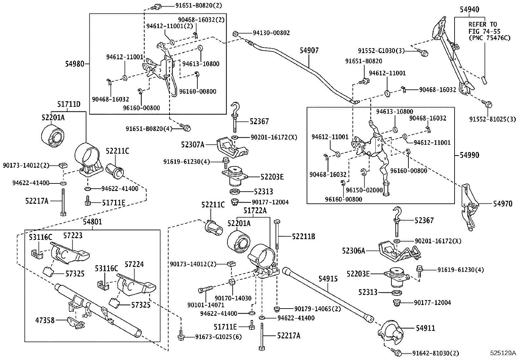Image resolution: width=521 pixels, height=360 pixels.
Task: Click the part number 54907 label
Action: (x=309, y=50)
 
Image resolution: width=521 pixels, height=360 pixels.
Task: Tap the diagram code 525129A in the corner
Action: (x=502, y=353)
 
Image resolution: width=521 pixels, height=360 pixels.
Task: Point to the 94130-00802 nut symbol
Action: (x=235, y=33)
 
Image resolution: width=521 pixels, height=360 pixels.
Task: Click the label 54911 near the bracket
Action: (x=425, y=328)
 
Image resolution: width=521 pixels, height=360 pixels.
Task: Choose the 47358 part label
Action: (x=45, y=320)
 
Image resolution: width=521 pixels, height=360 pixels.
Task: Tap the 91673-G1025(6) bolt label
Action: (x=218, y=337)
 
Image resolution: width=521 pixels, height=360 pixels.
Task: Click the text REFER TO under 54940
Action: (x=482, y=25)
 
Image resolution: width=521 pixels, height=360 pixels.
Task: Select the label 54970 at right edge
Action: (x=503, y=204)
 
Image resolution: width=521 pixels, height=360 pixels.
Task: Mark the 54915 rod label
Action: (x=328, y=279)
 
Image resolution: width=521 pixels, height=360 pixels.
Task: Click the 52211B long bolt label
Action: (x=303, y=236)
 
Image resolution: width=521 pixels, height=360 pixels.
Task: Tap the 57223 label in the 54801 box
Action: (x=73, y=236)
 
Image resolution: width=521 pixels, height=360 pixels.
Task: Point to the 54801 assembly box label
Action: (x=92, y=222)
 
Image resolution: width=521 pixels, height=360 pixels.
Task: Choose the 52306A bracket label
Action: (x=353, y=251)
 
